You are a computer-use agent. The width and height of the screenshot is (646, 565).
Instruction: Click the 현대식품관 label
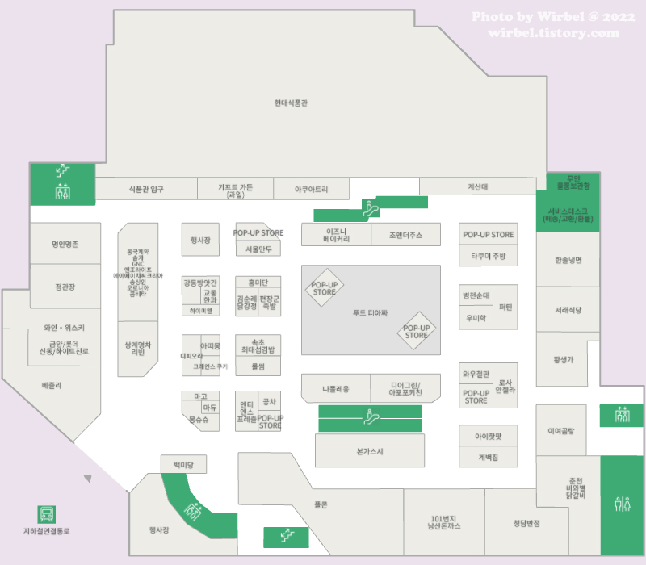tap(291, 103)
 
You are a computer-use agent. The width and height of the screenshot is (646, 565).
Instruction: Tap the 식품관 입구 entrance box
tap(146, 189)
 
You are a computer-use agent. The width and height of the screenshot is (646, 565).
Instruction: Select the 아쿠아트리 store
tap(312, 189)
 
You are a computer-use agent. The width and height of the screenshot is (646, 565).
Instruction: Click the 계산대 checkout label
tap(478, 187)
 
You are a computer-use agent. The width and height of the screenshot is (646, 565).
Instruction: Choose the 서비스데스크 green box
tap(568, 216)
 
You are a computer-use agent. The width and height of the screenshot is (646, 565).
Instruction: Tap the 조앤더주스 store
tap(405, 235)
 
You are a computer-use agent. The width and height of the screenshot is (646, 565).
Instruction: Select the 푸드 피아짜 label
tap(371, 312)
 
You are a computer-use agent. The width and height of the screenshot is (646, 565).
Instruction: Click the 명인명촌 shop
tap(65, 243)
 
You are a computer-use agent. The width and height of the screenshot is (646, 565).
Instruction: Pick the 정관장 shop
tap(65, 287)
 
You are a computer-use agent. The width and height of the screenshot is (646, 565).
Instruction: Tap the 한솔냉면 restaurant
tap(568, 260)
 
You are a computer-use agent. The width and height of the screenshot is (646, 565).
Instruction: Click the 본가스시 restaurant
tap(370, 451)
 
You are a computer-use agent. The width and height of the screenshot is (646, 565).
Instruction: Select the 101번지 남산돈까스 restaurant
tap(443, 521)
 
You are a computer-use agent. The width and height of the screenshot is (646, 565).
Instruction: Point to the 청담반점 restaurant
tap(526, 522)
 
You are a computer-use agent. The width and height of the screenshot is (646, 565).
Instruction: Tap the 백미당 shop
tap(183, 464)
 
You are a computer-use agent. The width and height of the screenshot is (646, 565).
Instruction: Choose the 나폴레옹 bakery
tap(335, 389)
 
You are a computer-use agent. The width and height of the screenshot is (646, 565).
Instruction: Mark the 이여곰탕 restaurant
tap(560, 430)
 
